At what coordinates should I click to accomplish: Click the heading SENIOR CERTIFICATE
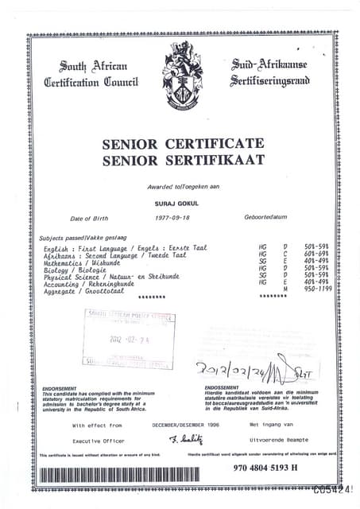point(183,144)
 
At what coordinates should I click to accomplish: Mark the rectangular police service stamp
point(129,338)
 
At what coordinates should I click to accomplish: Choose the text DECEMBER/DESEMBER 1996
point(184,425)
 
